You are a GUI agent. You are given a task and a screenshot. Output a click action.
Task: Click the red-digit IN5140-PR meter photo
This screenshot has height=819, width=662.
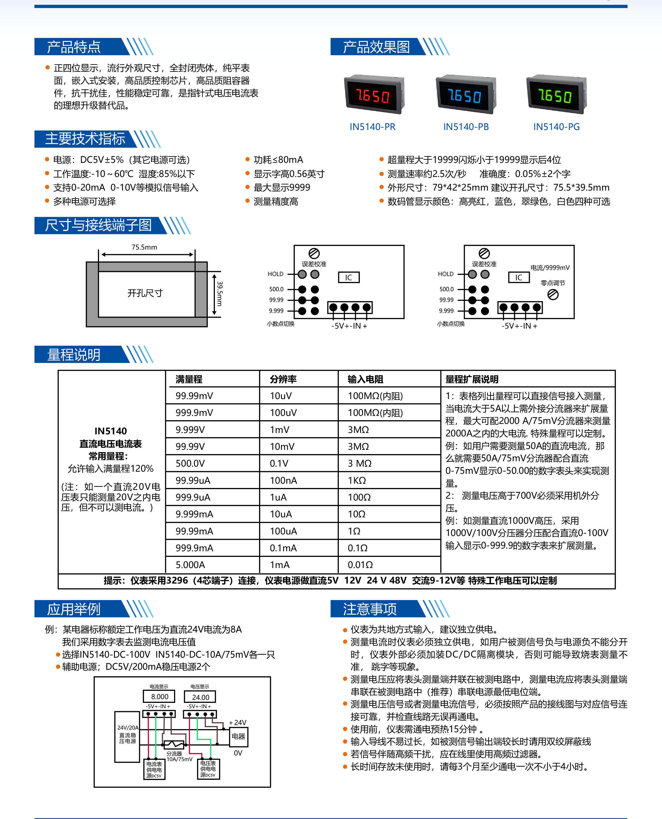point(374,94)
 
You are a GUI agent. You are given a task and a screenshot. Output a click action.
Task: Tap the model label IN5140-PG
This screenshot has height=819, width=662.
point(556,127)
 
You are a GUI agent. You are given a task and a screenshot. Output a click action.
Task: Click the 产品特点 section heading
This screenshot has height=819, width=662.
point(74,47)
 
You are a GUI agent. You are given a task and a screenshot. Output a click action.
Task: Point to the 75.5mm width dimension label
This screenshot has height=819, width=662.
point(144,247)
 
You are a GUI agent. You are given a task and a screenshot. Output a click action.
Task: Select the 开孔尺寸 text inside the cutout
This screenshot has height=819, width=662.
point(145,293)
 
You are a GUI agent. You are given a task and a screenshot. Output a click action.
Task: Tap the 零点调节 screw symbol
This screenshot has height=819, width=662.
point(553,294)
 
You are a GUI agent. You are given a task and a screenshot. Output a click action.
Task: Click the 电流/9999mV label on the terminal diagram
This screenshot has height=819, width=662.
point(550,268)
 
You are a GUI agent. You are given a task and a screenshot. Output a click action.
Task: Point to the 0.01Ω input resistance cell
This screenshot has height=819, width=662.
point(360,565)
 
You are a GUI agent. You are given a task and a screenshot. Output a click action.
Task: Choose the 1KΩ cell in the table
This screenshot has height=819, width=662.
point(357,481)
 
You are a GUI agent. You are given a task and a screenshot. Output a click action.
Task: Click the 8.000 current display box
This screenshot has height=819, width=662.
point(159,697)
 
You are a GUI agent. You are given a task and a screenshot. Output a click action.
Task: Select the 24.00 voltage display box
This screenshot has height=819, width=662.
point(200,697)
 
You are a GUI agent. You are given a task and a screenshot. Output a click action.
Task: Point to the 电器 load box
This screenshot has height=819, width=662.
point(238,736)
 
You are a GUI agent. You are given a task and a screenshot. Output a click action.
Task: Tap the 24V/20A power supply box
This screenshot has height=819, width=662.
point(127,737)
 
